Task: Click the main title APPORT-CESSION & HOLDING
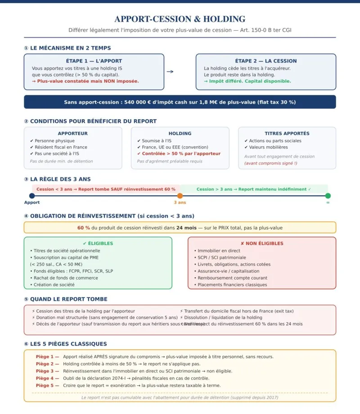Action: click(180, 19)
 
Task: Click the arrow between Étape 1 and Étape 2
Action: click(170, 72)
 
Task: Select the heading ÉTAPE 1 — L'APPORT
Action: click(94, 61)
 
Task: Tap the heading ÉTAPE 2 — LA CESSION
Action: click(265, 61)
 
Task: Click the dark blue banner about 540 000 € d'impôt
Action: click(180, 102)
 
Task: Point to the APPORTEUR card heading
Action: click(72, 133)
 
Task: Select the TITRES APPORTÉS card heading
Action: click(287, 133)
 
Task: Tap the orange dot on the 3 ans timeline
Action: click(180, 196)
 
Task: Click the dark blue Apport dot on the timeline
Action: click(32, 196)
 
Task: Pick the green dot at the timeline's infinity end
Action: click(328, 196)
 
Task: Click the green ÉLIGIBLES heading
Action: click(98, 243)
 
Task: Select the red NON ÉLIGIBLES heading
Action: click(261, 243)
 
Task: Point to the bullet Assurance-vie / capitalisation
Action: click(228, 271)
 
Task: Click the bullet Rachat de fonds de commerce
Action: click(65, 278)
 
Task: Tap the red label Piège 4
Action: click(47, 378)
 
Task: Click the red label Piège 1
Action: click(47, 356)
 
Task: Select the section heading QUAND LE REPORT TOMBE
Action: click(68, 299)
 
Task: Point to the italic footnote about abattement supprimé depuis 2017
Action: click(180, 397)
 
